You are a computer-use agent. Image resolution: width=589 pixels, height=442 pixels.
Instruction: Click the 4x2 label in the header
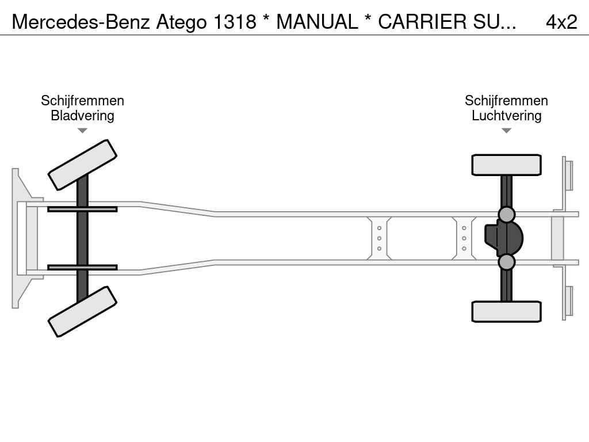tap(561, 22)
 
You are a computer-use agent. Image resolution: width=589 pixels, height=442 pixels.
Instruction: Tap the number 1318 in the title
tap(235, 22)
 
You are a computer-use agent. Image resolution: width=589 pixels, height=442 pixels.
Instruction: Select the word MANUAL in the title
tap(317, 22)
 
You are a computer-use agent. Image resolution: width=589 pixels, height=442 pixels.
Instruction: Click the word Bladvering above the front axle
tap(82, 116)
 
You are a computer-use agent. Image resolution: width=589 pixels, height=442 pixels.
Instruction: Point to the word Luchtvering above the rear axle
tap(506, 116)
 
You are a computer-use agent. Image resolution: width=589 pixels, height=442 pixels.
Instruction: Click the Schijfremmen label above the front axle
tap(82, 101)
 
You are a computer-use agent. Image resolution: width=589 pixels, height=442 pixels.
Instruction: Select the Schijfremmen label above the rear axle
tap(506, 101)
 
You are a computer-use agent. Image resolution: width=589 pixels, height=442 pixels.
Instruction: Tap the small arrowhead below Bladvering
tap(82, 131)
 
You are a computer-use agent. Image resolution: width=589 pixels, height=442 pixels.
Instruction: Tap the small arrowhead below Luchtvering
tap(506, 131)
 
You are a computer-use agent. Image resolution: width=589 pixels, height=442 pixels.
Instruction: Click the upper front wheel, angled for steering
tap(82, 165)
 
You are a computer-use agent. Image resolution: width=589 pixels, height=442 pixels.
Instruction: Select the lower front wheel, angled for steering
tap(82, 311)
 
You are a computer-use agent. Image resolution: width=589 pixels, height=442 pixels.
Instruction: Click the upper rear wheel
tap(506, 165)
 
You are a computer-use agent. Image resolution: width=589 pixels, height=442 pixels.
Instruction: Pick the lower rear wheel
tap(506, 311)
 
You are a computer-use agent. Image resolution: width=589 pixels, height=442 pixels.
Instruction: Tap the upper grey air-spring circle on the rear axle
tap(506, 215)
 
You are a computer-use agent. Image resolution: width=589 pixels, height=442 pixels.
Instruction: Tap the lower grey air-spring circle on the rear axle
tap(506, 262)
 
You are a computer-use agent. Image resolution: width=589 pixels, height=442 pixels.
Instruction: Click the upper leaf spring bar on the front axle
tap(82, 209)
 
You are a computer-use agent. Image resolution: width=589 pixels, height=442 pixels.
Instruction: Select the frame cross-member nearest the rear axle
tap(464, 238)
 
